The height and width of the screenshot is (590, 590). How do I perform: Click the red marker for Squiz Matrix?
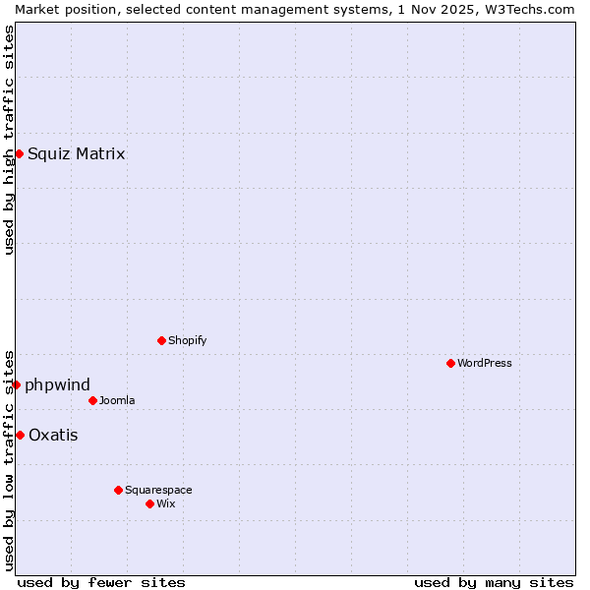pyautogui.click(x=19, y=153)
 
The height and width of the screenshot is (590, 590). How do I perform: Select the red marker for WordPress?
pyautogui.click(x=450, y=363)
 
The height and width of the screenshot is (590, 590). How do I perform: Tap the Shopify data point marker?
pyautogui.click(x=161, y=340)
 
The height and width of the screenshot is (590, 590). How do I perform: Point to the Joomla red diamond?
pyautogui.click(x=92, y=400)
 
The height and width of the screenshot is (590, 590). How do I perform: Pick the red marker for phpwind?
pyautogui.click(x=16, y=384)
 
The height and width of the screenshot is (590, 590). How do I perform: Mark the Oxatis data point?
pyautogui.click(x=20, y=435)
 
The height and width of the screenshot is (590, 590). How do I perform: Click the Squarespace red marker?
pyautogui.click(x=118, y=490)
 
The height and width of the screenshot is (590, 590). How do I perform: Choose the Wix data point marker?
pyautogui.click(x=149, y=503)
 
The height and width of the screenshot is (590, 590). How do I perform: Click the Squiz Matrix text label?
pyautogui.click(x=76, y=153)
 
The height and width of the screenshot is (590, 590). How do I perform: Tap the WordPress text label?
pyautogui.click(x=485, y=363)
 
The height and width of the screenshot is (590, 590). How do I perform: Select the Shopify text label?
pyautogui.click(x=187, y=340)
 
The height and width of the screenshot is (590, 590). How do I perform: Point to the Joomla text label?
pyautogui.click(x=117, y=400)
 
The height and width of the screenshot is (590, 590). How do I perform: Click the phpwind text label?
pyautogui.click(x=57, y=384)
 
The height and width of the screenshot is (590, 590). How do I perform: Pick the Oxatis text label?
pyautogui.click(x=53, y=435)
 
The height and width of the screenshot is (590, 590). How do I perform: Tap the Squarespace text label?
pyautogui.click(x=158, y=490)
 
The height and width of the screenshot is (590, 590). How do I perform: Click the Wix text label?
pyautogui.click(x=165, y=503)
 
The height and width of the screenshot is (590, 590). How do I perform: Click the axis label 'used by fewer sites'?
pyautogui.click(x=101, y=582)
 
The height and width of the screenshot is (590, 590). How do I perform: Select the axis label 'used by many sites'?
pyautogui.click(x=494, y=582)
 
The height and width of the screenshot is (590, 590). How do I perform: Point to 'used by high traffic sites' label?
pyautogui.click(x=9, y=140)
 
